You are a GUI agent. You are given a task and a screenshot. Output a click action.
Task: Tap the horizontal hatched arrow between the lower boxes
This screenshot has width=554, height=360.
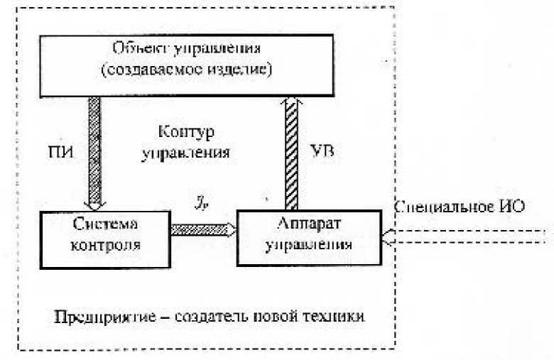pyautogui.click(x=202, y=229)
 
